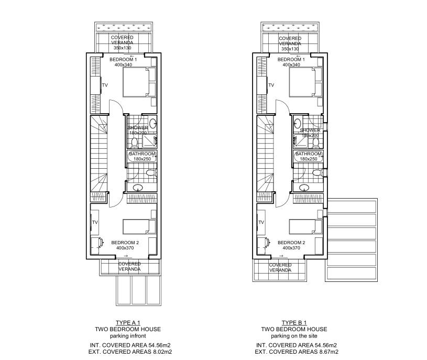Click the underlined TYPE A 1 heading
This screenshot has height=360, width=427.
(x=127, y=322)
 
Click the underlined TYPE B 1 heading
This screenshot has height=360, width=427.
(x=293, y=322)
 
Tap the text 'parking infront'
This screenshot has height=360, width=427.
(x=127, y=335)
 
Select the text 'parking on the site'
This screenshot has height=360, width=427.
(x=293, y=335)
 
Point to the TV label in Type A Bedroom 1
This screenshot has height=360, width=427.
(x=104, y=85)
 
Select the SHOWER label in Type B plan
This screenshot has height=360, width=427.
(x=310, y=130)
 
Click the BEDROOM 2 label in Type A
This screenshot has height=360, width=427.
(x=125, y=242)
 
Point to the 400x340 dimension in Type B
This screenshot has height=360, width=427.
(x=291, y=65)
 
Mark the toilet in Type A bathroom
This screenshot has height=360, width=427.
(x=151, y=173)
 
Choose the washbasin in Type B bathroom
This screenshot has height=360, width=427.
(x=304, y=188)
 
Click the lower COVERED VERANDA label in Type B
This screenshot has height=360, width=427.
(x=280, y=267)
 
